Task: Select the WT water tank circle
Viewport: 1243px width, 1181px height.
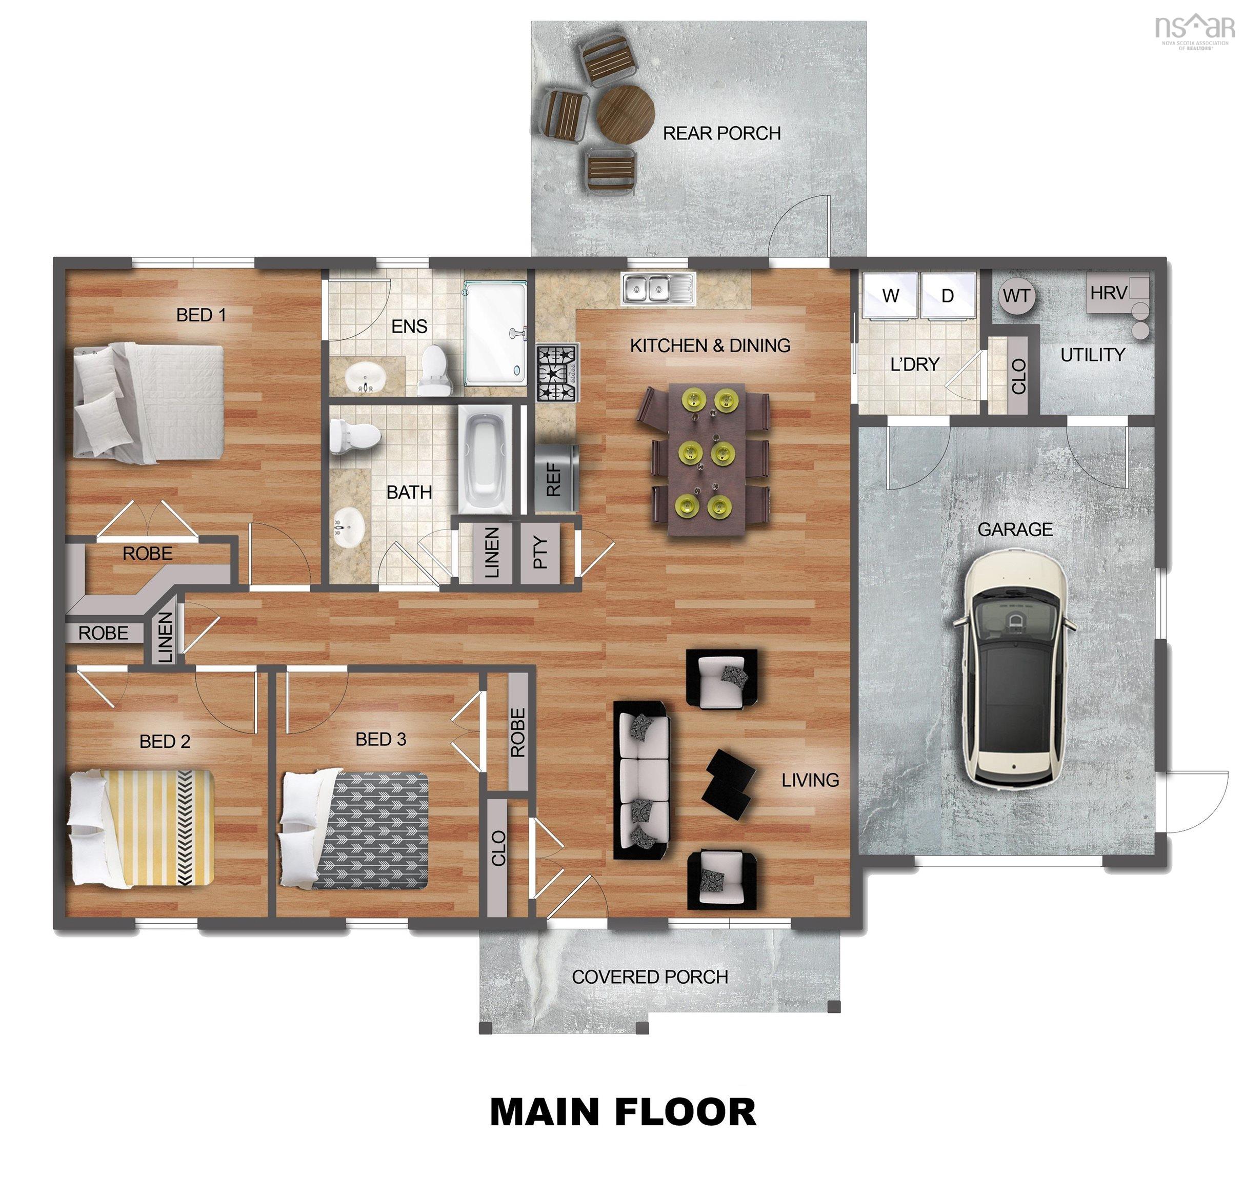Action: [x=1016, y=296]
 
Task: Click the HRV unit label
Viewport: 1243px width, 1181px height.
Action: [x=1108, y=293]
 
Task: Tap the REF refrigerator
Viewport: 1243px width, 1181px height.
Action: [x=555, y=478]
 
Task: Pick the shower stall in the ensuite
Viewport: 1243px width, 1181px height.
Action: [x=494, y=334]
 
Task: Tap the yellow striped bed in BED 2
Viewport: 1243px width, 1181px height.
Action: [x=142, y=828]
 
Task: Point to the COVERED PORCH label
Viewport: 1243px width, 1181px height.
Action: [x=650, y=977]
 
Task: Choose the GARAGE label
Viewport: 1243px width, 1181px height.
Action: [x=1014, y=530]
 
